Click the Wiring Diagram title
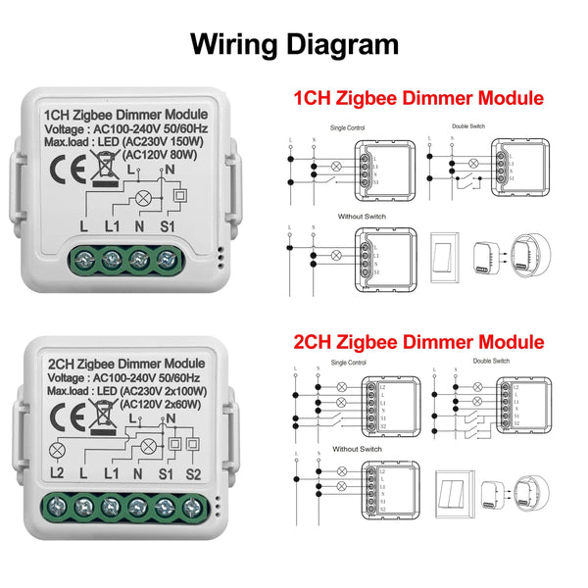[294, 44]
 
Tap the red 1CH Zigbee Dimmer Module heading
[418, 98]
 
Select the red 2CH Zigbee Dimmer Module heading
[418, 342]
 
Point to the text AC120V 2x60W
[164, 396]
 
